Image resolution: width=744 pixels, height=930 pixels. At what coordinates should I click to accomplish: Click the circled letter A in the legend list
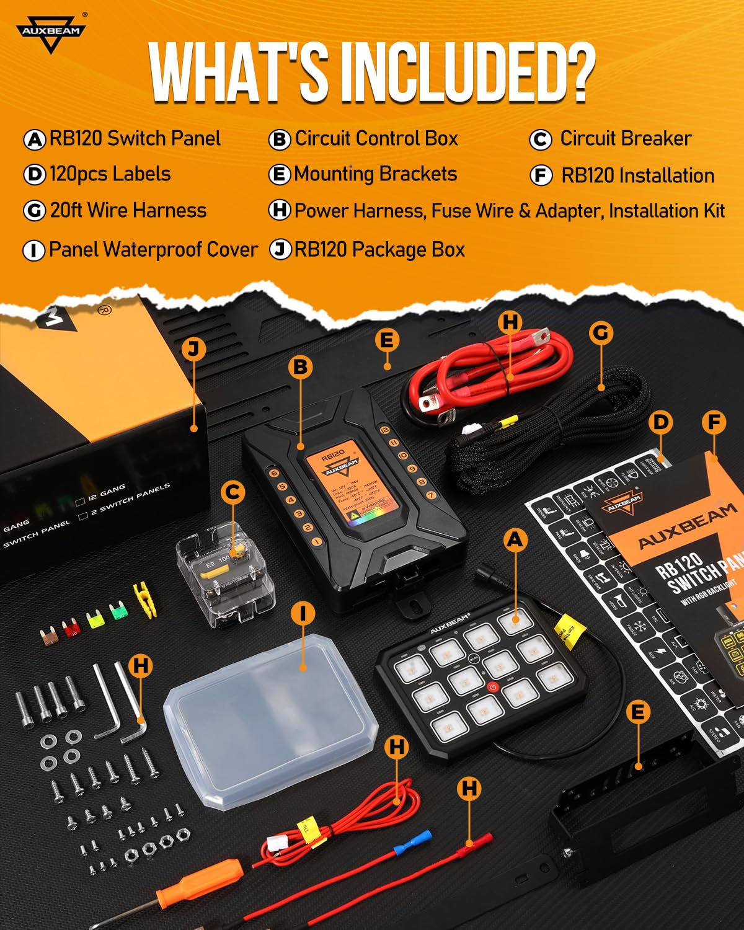pos(34,139)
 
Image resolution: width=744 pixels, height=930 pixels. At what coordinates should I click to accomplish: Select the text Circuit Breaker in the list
pos(625,139)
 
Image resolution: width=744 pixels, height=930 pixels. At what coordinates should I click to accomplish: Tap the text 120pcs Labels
pos(110,174)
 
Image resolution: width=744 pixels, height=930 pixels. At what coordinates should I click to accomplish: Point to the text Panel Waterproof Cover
pos(153,250)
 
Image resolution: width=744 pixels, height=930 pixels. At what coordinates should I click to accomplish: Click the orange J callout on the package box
pos(193,348)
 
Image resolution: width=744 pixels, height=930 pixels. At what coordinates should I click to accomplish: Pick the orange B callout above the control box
pos(301,367)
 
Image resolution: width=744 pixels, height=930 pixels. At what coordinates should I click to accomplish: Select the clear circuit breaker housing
pos(224,573)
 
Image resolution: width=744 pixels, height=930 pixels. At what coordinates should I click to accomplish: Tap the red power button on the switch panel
pos(493,687)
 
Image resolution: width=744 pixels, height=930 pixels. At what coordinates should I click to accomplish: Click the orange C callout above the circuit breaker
pos(232,492)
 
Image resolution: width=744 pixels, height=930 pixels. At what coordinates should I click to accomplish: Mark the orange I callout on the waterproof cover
pos(303,614)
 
